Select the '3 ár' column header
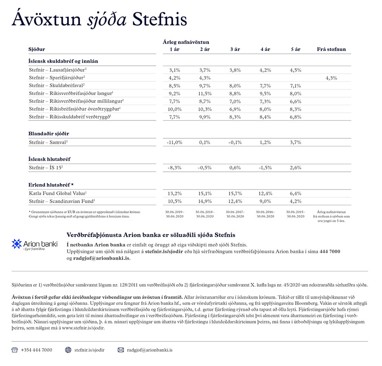pos(235,49)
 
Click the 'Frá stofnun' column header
pos(331,49)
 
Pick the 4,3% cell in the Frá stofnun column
pos(331,78)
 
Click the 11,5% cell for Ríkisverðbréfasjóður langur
pos(205,93)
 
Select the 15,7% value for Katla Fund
pos(235,193)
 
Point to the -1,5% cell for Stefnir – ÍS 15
pos(265,168)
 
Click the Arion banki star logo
pos(17,243)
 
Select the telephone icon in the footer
pos(14,350)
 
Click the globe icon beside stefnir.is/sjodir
pos(68,350)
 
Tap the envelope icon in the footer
pos(121,350)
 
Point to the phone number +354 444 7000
pos(37,350)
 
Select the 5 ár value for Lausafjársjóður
pos(296,70)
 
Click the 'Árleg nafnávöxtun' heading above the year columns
pos(186,42)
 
